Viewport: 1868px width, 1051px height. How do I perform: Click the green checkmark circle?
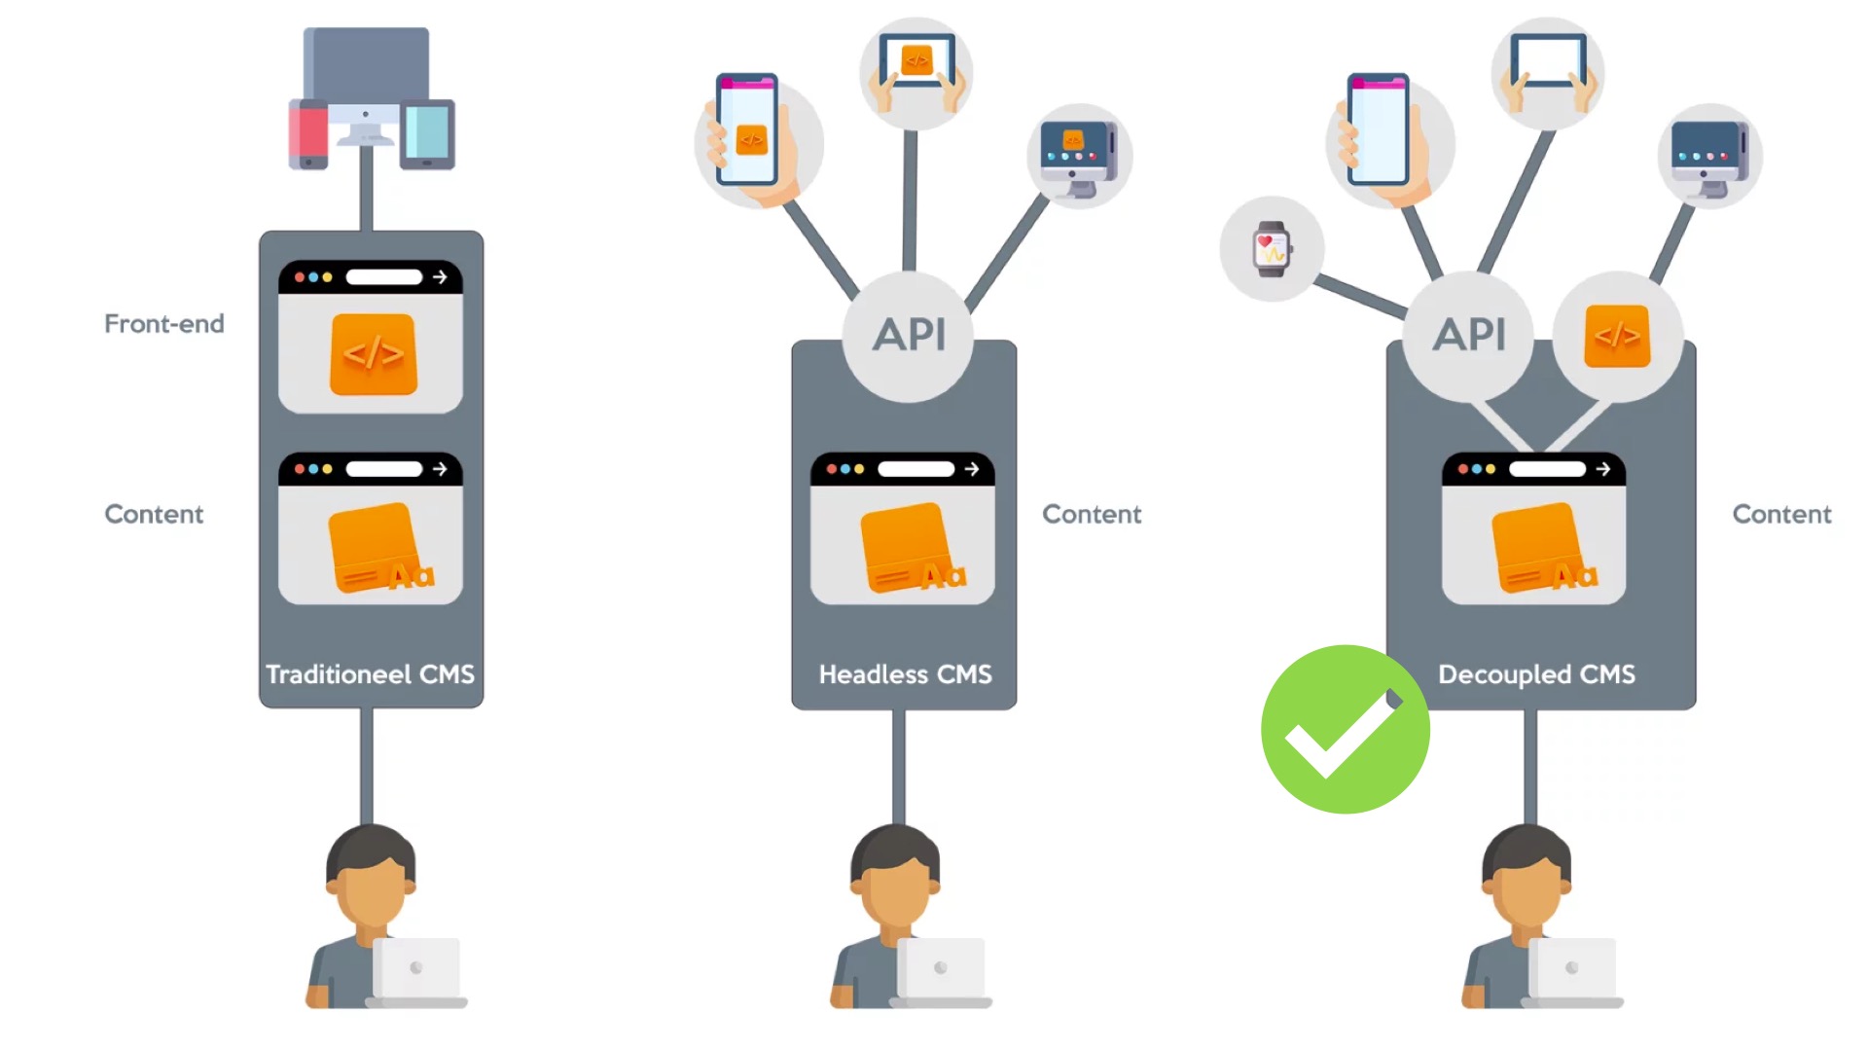pos(1345,729)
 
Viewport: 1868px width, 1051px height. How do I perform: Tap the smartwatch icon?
pos(1272,249)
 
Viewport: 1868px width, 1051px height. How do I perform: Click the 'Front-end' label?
pos(163,323)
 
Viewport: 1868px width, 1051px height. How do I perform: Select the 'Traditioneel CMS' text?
pos(370,674)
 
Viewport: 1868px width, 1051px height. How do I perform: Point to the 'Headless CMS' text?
pos(905,674)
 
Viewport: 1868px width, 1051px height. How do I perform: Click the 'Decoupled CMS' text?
pos(1536,674)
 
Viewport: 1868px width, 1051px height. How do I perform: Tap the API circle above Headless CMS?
pos(909,335)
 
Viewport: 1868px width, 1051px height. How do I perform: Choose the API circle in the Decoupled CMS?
pos(1469,335)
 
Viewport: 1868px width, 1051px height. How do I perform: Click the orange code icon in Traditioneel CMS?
pos(374,354)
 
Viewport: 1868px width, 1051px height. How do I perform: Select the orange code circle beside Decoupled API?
pos(1617,336)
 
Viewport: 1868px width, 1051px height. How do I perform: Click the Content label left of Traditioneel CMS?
pos(154,514)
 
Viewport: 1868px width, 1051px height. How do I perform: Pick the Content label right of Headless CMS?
pos(1092,514)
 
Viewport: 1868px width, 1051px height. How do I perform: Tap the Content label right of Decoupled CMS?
pos(1781,514)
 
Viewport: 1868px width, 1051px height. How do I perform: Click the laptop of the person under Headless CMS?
pos(940,969)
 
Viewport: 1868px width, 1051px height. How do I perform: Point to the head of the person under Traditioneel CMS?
pos(371,876)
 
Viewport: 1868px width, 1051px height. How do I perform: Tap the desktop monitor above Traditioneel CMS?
pos(366,68)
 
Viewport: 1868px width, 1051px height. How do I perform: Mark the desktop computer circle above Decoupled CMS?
pos(1709,156)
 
